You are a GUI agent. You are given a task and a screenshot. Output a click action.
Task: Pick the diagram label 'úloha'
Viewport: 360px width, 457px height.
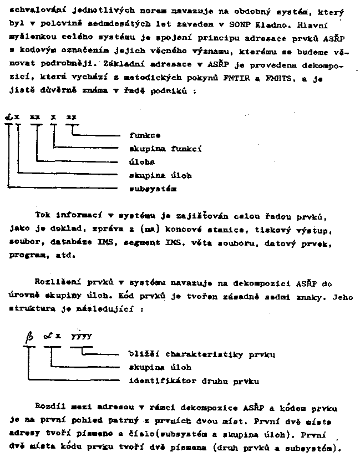point(141,162)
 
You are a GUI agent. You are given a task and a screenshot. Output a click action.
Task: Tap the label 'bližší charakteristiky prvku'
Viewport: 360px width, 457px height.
point(202,354)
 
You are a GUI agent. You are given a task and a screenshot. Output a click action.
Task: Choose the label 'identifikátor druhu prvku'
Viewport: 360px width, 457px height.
point(194,381)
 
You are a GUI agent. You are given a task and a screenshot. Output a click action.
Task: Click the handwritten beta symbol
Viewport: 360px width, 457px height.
point(29,337)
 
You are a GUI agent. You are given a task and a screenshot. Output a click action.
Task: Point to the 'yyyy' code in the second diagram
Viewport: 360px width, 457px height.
point(81,336)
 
